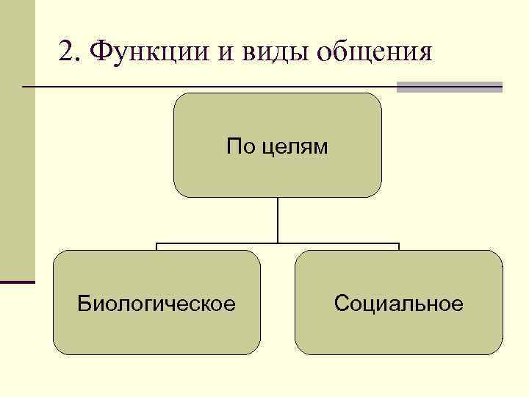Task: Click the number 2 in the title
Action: pyautogui.click(x=67, y=54)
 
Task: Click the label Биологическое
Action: pyautogui.click(x=156, y=304)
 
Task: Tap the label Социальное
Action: pyautogui.click(x=398, y=304)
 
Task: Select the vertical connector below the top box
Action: pyautogui.click(x=278, y=220)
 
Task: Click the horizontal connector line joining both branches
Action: pyautogui.click(x=278, y=243)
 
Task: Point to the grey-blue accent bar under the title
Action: pyautogui.click(x=449, y=87)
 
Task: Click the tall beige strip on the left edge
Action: pyautogui.click(x=17, y=140)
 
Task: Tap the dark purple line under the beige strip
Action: pyautogui.click(x=17, y=281)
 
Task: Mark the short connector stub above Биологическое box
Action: pyautogui.click(x=156, y=247)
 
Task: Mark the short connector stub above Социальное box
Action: pyautogui.click(x=398, y=247)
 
